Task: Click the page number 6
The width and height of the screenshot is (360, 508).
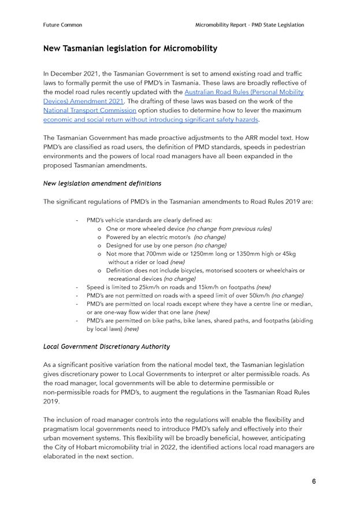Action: (x=314, y=481)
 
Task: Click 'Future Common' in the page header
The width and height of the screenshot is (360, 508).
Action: (x=62, y=25)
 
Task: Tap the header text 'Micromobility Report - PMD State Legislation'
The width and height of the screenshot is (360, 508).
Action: (x=250, y=25)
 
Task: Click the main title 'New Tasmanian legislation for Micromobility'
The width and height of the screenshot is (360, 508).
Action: (x=130, y=49)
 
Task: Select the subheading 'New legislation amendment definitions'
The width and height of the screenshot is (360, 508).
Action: (x=102, y=183)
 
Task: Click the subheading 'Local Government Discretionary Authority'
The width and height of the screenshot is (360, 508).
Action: (x=107, y=347)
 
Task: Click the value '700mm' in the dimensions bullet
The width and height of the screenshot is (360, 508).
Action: (x=155, y=253)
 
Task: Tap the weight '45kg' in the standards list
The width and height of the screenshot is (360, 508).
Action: (x=287, y=253)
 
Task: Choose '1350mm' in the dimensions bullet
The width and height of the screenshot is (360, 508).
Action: (x=247, y=253)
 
